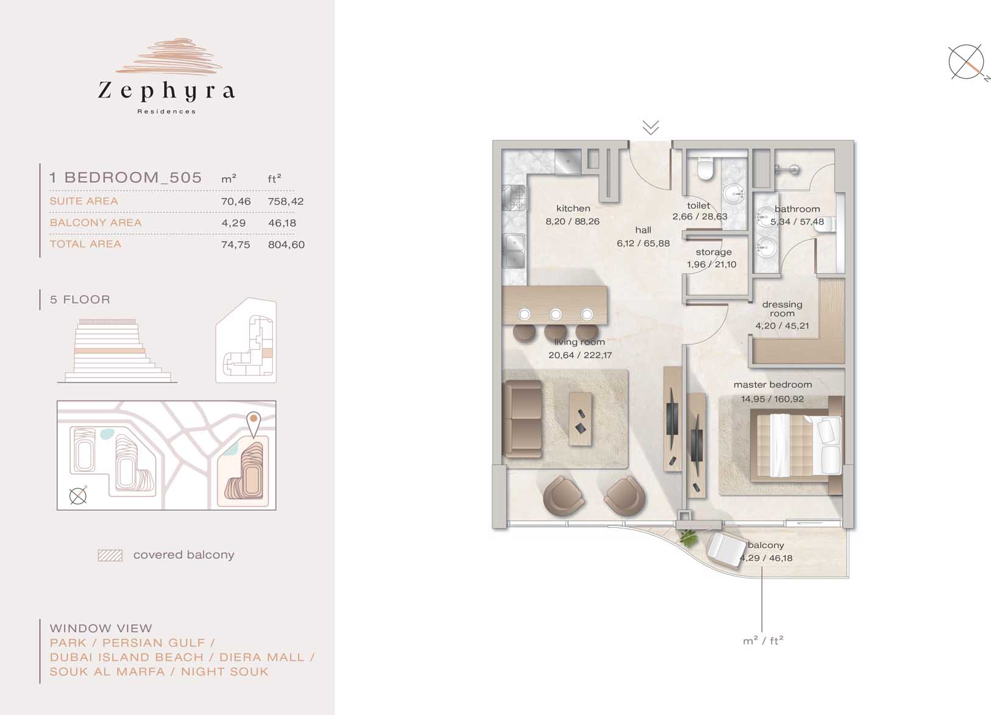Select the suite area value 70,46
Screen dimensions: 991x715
point(236,201)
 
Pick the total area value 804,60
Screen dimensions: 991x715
point(286,244)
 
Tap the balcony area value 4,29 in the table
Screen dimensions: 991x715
point(233,223)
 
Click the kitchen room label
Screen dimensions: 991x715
point(573,208)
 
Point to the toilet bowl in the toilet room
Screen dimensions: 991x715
point(705,169)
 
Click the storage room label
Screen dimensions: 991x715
point(714,252)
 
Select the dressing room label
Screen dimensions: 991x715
point(782,309)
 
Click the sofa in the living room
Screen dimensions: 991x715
point(522,419)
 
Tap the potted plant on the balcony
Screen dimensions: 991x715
point(688,538)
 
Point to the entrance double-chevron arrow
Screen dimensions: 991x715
point(651,127)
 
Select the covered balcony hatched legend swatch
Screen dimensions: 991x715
point(110,555)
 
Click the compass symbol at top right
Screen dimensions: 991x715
point(966,63)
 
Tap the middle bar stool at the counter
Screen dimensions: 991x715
point(556,332)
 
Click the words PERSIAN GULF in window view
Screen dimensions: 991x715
point(154,642)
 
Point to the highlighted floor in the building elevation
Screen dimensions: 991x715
point(109,351)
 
